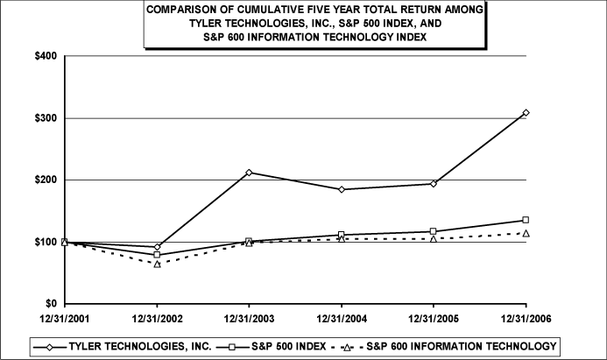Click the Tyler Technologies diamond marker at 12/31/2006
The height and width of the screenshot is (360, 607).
tap(526, 113)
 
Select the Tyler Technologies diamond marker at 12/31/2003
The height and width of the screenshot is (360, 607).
tap(249, 173)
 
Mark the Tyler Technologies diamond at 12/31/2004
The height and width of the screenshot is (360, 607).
tap(341, 189)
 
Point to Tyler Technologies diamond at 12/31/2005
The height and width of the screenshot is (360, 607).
tap(434, 183)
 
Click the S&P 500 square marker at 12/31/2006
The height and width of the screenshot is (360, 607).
tap(526, 220)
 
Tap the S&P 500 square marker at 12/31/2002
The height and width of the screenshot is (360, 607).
tap(157, 255)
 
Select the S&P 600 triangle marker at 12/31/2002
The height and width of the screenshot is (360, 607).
tap(157, 264)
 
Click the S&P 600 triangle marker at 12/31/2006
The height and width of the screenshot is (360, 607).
tap(526, 233)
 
